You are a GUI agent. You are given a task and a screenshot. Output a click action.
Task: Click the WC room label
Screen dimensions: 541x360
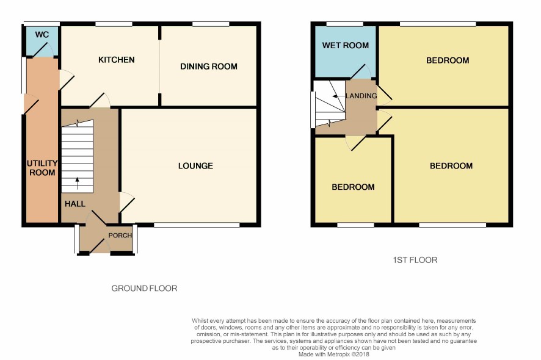pyautogui.click(x=42, y=35)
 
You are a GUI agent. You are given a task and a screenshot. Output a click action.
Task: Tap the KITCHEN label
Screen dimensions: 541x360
pyautogui.click(x=116, y=60)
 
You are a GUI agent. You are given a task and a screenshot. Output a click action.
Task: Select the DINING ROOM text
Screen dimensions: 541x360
pyautogui.click(x=209, y=67)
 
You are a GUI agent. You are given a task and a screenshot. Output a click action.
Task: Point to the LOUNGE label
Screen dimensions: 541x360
pyautogui.click(x=195, y=166)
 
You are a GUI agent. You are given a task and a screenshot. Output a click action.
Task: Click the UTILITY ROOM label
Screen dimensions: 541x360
pyautogui.click(x=42, y=168)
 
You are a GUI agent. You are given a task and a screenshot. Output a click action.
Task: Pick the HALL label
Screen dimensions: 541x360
pyautogui.click(x=75, y=204)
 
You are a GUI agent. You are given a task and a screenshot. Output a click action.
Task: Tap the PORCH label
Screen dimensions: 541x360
pyautogui.click(x=120, y=235)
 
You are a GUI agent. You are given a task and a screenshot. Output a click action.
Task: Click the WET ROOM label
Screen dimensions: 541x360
pyautogui.click(x=346, y=45)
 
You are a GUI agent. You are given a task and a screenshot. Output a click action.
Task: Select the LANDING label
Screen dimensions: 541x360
pyautogui.click(x=361, y=96)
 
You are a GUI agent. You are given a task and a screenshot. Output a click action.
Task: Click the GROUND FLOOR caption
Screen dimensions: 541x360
pyautogui.click(x=144, y=288)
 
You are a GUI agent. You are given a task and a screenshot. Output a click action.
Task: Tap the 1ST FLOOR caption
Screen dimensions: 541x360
pyautogui.click(x=415, y=260)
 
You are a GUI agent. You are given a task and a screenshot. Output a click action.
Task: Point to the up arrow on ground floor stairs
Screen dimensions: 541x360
pyautogui.click(x=77, y=183)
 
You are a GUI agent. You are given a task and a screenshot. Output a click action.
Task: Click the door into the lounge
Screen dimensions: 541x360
pyautogui.click(x=126, y=203)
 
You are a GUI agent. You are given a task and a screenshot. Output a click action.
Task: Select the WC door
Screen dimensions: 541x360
pyautogui.click(x=42, y=49)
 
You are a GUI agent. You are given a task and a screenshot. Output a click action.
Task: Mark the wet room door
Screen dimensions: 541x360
pyautogui.click(x=360, y=72)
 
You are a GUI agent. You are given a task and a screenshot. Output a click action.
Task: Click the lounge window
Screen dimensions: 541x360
pyautogui.click(x=197, y=225)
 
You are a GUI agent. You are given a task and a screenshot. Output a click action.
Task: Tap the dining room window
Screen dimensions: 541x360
pyautogui.click(x=211, y=24)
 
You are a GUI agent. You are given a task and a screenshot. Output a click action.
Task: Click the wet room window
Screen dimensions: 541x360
pyautogui.click(x=344, y=24)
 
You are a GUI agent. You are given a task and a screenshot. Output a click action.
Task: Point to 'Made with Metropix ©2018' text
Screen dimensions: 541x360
pyautogui.click(x=333, y=354)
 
